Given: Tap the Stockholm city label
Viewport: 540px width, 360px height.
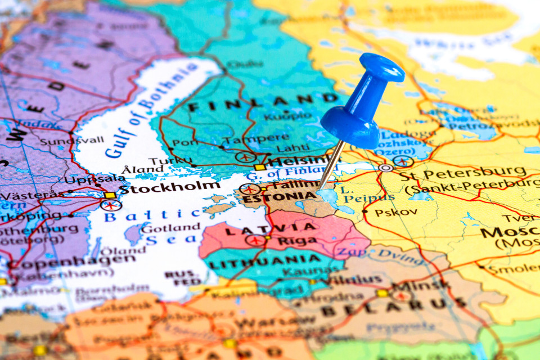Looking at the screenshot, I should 169,187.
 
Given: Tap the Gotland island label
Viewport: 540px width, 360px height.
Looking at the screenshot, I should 170,228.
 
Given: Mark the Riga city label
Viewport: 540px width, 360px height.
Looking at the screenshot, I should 287,240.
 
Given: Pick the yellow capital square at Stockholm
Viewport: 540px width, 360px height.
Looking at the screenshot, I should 110,195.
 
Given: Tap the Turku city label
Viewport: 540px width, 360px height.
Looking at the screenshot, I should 163,161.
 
